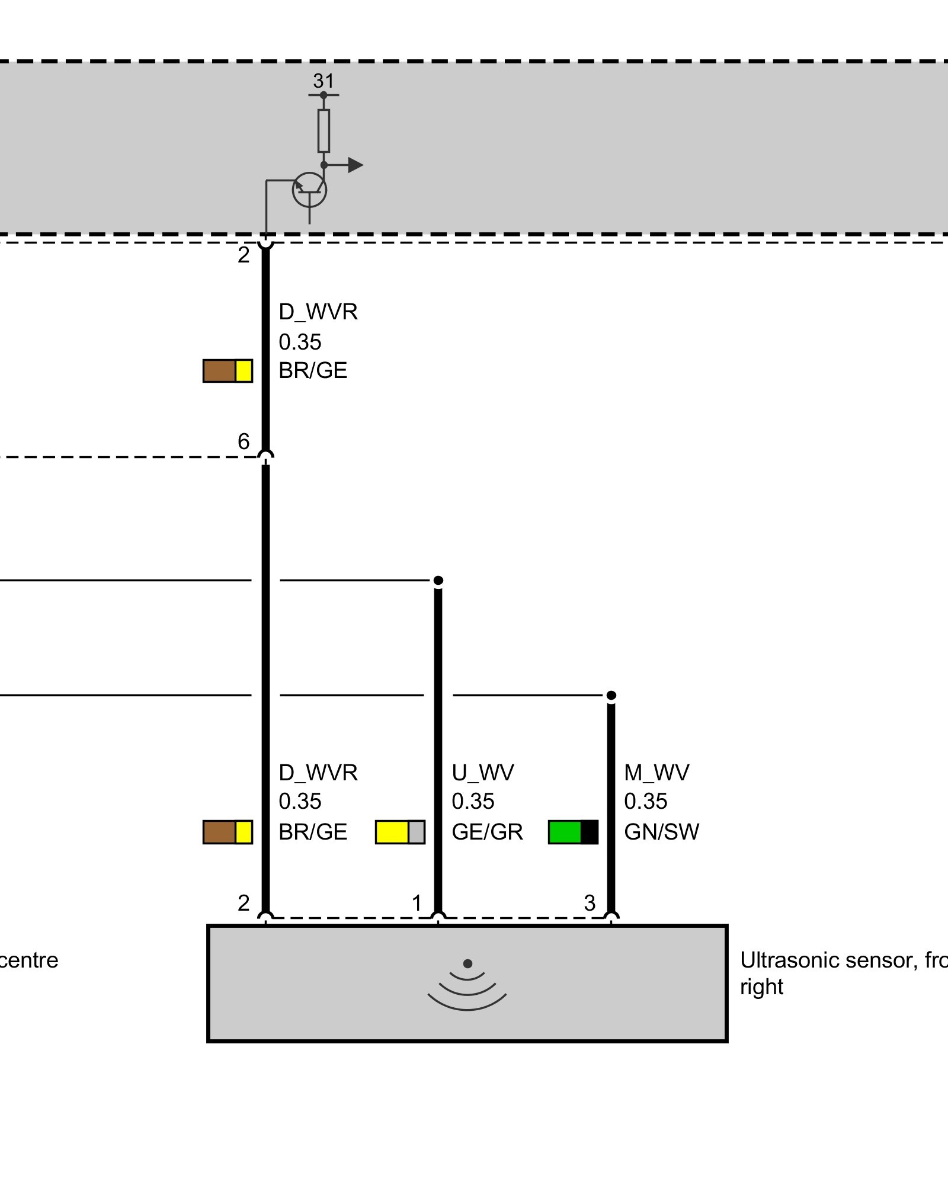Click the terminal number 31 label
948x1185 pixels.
tap(324, 81)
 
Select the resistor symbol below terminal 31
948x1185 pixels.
tap(324, 130)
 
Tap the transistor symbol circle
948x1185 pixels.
tap(309, 190)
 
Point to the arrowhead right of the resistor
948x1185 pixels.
tap(355, 165)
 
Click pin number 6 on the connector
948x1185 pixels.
tap(244, 441)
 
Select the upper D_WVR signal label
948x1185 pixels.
tap(318, 312)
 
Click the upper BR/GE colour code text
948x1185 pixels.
tap(313, 370)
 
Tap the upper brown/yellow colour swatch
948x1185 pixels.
tap(228, 371)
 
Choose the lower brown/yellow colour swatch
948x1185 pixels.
tap(228, 832)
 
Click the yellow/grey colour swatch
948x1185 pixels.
tap(400, 832)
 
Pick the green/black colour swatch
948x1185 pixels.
tap(573, 832)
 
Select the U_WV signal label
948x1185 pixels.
tap(482, 773)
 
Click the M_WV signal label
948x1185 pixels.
tap(656, 773)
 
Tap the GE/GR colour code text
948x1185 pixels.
tap(487, 832)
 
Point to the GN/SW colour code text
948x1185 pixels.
tap(661, 832)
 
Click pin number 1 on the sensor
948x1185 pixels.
tap(417, 903)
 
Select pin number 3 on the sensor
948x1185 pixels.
tap(590, 903)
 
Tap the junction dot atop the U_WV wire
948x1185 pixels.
tap(438, 580)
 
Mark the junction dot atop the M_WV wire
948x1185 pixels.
tap(611, 695)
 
